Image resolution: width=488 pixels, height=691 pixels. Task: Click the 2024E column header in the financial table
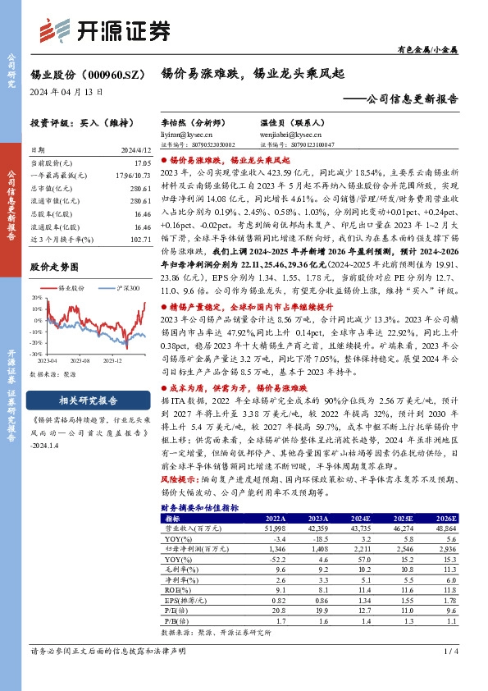359,497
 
